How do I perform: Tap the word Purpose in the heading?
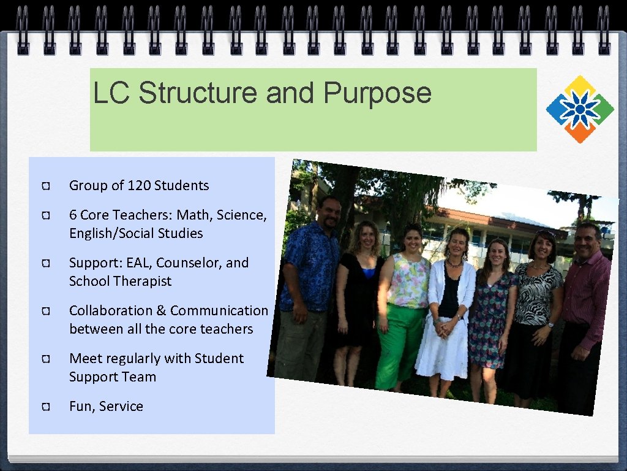[x=377, y=93]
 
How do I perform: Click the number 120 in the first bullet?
[x=139, y=185]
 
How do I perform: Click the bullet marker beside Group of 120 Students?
[x=45, y=186]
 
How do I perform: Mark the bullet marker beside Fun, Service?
[x=45, y=407]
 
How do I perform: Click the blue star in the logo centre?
[x=580, y=110]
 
